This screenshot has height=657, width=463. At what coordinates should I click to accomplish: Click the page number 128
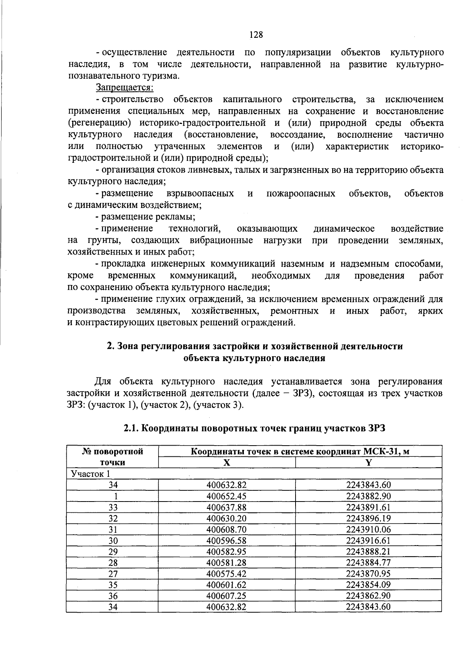point(256,35)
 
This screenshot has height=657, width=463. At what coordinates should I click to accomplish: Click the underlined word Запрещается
point(124,88)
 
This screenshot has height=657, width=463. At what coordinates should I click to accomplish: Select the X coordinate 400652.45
point(226,496)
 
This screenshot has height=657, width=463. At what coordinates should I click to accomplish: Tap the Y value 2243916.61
point(368,540)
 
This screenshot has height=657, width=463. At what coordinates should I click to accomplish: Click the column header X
point(227,463)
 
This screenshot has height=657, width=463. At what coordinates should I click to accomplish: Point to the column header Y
point(368,463)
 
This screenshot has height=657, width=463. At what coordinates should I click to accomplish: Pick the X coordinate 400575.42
point(226,574)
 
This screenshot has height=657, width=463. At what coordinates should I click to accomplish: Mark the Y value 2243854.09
point(368,585)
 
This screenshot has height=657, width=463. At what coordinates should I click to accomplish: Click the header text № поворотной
point(113,451)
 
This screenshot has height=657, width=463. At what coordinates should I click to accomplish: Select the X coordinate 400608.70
point(226,529)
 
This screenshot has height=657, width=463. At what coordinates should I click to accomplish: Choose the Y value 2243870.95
point(368,574)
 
